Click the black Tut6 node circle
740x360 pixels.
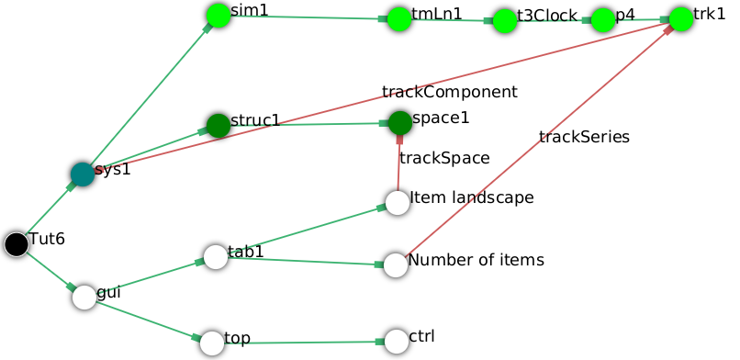16,244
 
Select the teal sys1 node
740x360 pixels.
83,174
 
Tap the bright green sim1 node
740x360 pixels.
218,15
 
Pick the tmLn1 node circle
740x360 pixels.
398,19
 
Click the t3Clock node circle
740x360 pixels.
505,21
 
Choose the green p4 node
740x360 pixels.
602,20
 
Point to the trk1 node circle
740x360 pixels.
680,19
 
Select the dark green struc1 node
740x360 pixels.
218,125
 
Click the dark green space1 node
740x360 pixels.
399,122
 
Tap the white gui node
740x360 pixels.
84,297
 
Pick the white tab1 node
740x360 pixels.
215,256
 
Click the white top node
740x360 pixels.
212,343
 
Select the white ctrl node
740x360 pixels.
396,341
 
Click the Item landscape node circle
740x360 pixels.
397,203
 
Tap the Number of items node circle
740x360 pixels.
395,264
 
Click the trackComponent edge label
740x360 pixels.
450,92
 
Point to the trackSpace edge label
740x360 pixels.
444,158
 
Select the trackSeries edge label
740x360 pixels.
584,137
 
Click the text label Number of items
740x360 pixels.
476,260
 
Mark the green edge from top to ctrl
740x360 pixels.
303,342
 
